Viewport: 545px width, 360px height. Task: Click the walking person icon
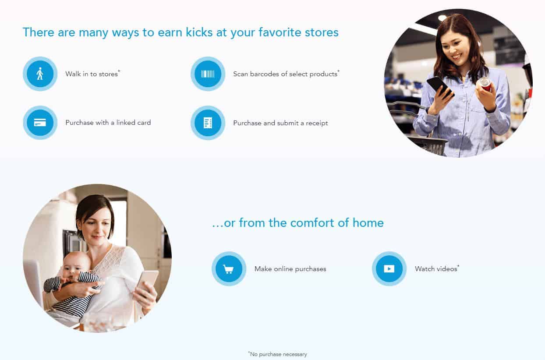point(40,74)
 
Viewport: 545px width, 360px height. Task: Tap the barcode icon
point(208,74)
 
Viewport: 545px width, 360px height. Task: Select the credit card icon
point(40,122)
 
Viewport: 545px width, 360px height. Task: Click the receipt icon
point(208,123)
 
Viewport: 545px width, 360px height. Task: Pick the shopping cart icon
point(228,269)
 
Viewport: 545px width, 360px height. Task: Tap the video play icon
point(389,269)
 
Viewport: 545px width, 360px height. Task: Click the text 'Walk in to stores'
point(92,74)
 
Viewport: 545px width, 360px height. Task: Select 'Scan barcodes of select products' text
point(285,74)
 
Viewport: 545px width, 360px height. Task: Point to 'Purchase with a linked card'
point(108,123)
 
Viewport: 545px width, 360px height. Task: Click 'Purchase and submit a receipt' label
point(280,123)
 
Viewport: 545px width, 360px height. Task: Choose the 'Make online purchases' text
point(290,269)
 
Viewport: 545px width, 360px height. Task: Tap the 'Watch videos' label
point(436,269)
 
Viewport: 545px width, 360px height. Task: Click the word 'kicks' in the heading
point(199,32)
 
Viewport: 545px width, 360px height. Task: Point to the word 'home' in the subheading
point(368,223)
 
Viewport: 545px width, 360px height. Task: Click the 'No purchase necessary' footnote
point(278,354)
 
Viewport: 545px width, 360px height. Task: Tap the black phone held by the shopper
point(440,87)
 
